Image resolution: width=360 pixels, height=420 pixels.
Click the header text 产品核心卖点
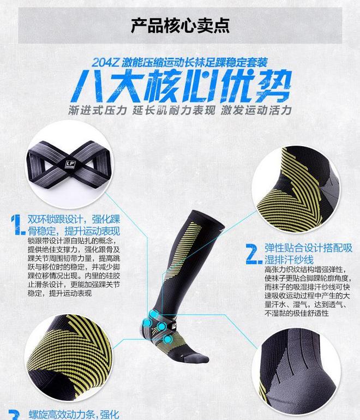(180, 26)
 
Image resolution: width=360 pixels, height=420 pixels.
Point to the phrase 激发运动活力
(256, 110)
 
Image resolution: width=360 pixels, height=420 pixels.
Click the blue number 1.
(18, 224)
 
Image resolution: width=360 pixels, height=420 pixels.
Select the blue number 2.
(253, 254)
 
